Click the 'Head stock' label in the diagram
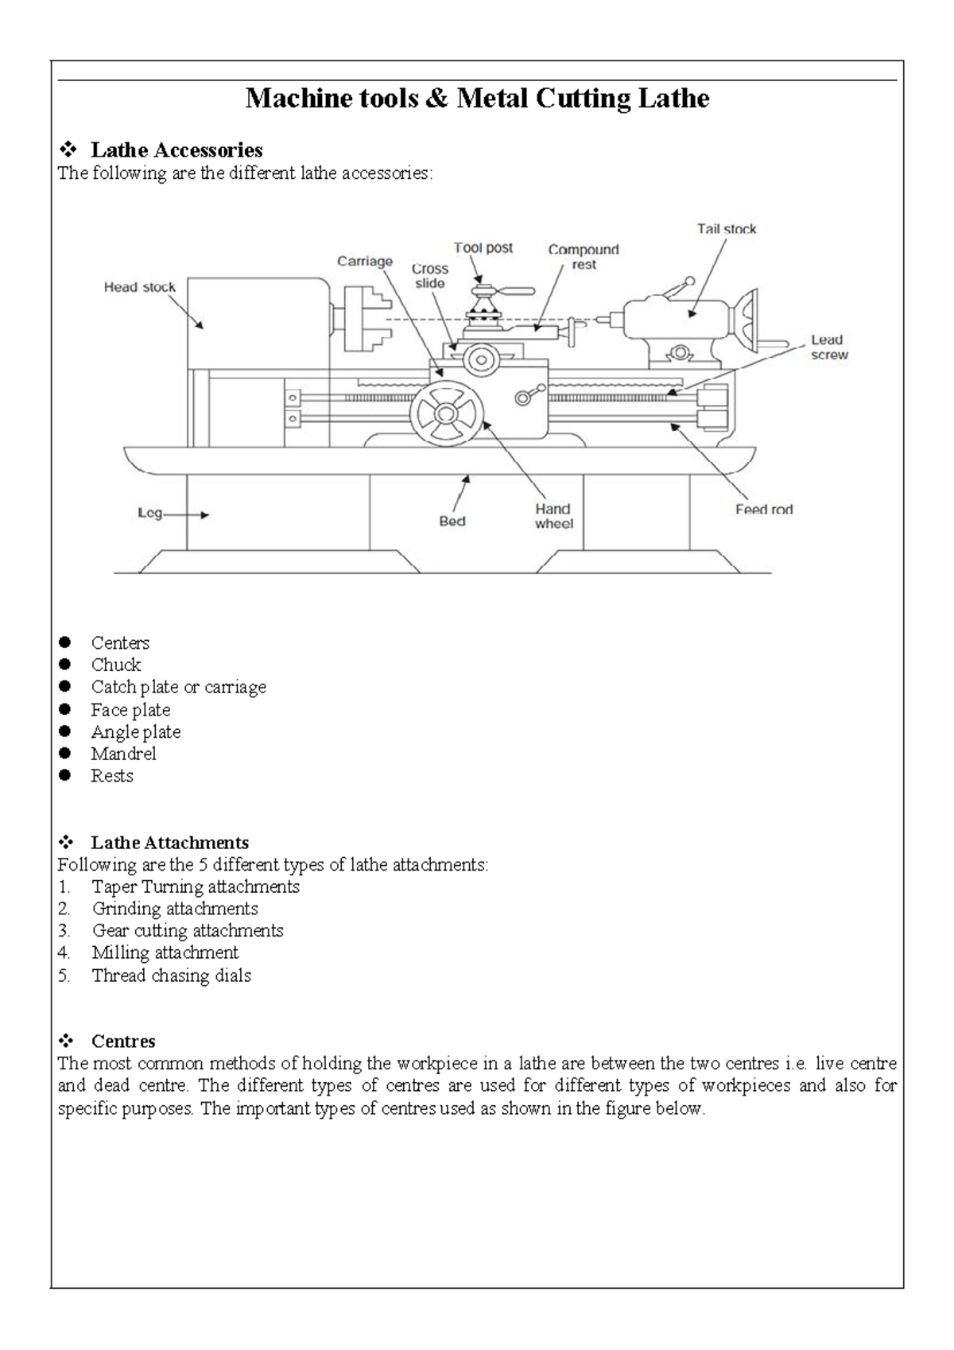click(139, 287)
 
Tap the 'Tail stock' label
click(727, 229)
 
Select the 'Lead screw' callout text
click(828, 347)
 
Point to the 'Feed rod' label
click(763, 510)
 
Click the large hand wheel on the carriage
click(447, 413)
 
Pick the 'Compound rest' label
click(583, 257)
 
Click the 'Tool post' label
click(483, 248)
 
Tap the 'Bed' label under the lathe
click(452, 522)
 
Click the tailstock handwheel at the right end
click(748, 324)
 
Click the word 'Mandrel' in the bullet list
click(123, 754)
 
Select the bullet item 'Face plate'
click(130, 710)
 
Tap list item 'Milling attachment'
click(165, 952)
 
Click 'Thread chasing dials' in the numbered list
click(171, 976)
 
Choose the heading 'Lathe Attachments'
click(169, 843)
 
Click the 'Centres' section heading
click(123, 1042)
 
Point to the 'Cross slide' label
click(429, 276)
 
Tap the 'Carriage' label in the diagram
click(364, 261)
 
